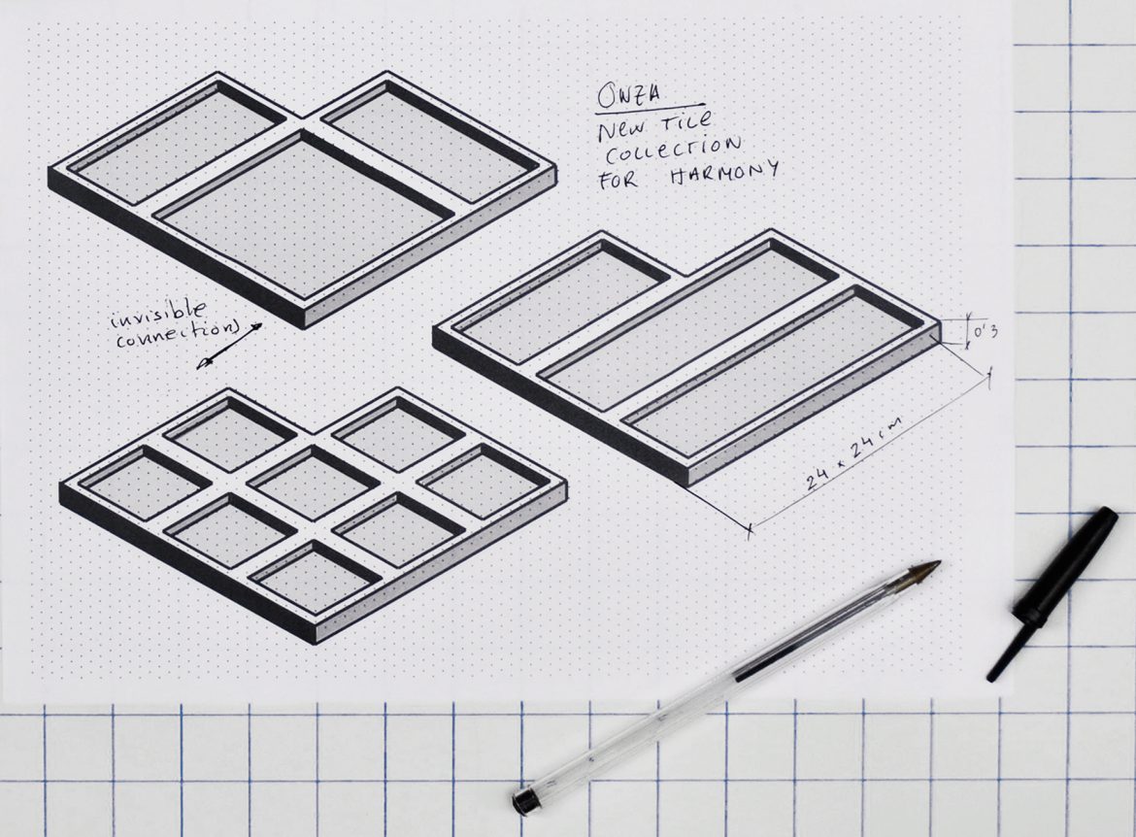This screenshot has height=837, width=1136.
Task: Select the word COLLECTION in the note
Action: [x=672, y=149]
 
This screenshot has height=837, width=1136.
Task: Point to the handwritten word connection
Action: [x=177, y=335]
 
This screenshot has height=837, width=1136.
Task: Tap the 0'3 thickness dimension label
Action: [x=986, y=332]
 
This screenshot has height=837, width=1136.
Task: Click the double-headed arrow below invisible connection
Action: [x=229, y=347]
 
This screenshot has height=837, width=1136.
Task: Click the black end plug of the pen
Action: [x=525, y=800]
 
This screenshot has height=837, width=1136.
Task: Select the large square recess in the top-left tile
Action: [x=304, y=213]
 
